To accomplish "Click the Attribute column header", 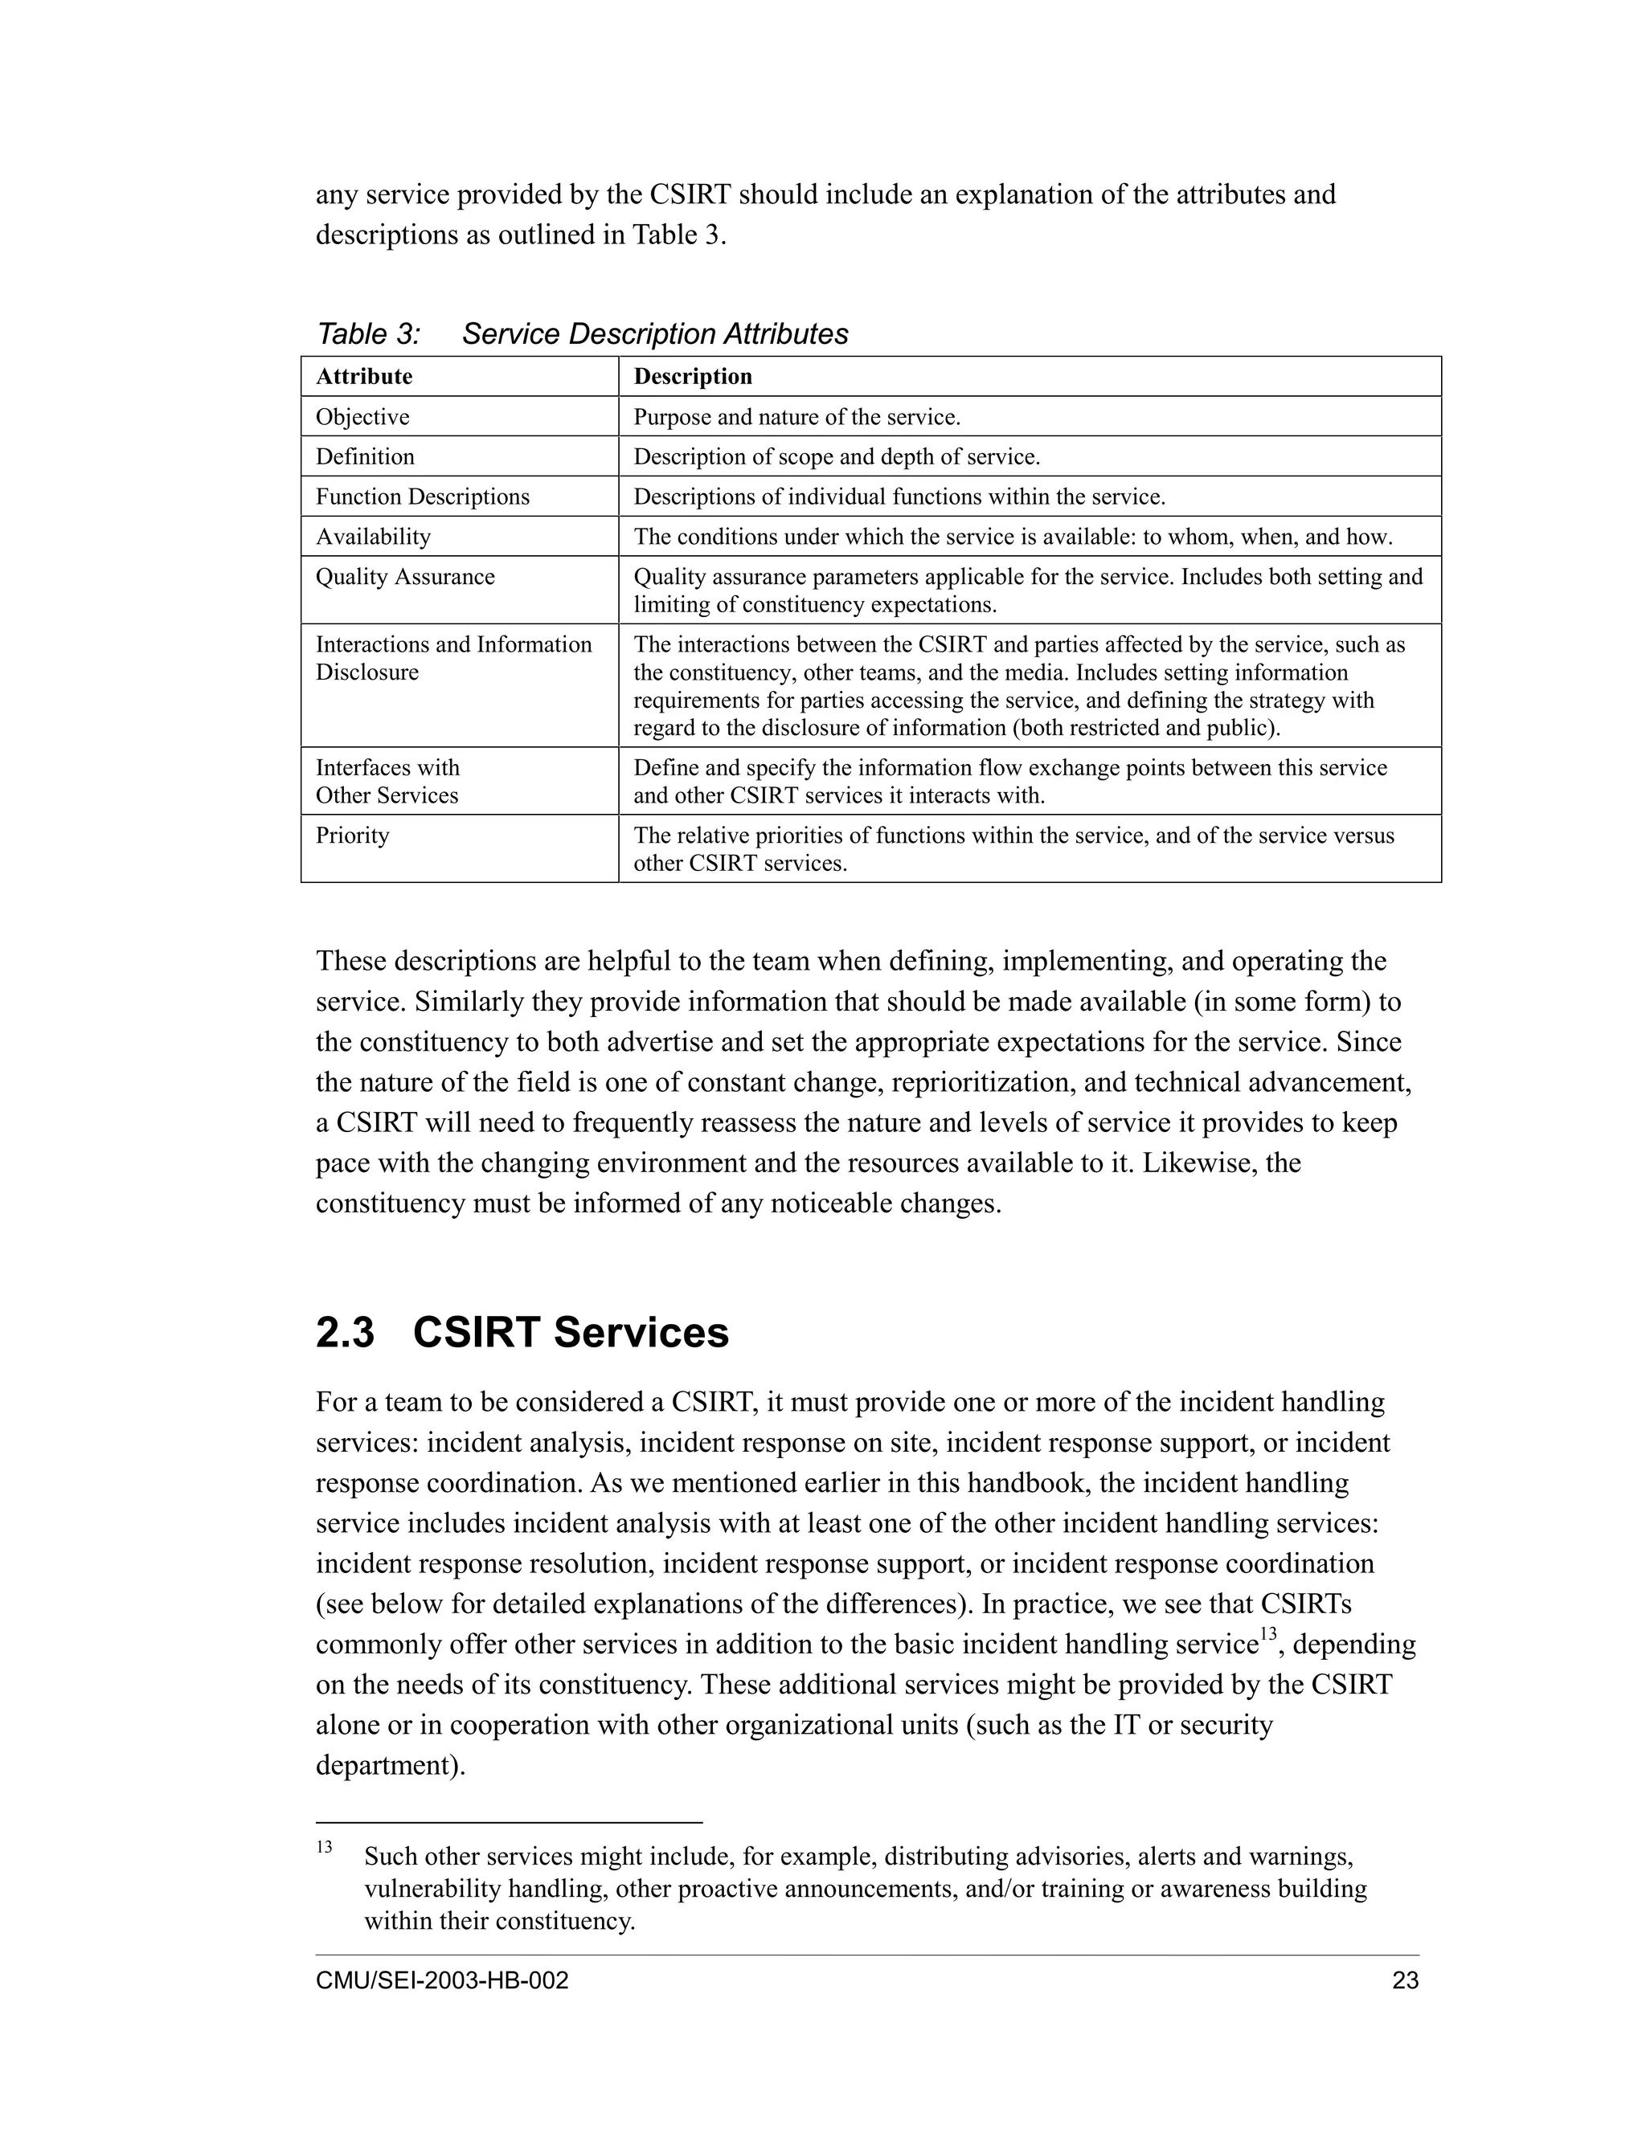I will coord(364,376).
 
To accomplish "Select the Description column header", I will coord(692,376).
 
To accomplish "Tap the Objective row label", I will coord(362,417).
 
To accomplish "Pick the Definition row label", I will coord(365,457).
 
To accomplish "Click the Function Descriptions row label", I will coord(422,497).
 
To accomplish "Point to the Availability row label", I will coord(372,537).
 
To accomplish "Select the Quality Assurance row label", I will coord(405,577).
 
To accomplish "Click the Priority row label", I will coord(352,836).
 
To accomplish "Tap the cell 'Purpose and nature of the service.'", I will coord(796,417).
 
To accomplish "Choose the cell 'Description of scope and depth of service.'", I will coord(837,457).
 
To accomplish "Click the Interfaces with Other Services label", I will coord(387,782).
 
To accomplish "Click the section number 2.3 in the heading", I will coord(345,1333).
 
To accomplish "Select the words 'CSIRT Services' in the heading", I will coord(571,1333).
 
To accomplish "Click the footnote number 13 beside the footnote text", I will coord(324,1847).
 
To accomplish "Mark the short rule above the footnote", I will coord(508,1821).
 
